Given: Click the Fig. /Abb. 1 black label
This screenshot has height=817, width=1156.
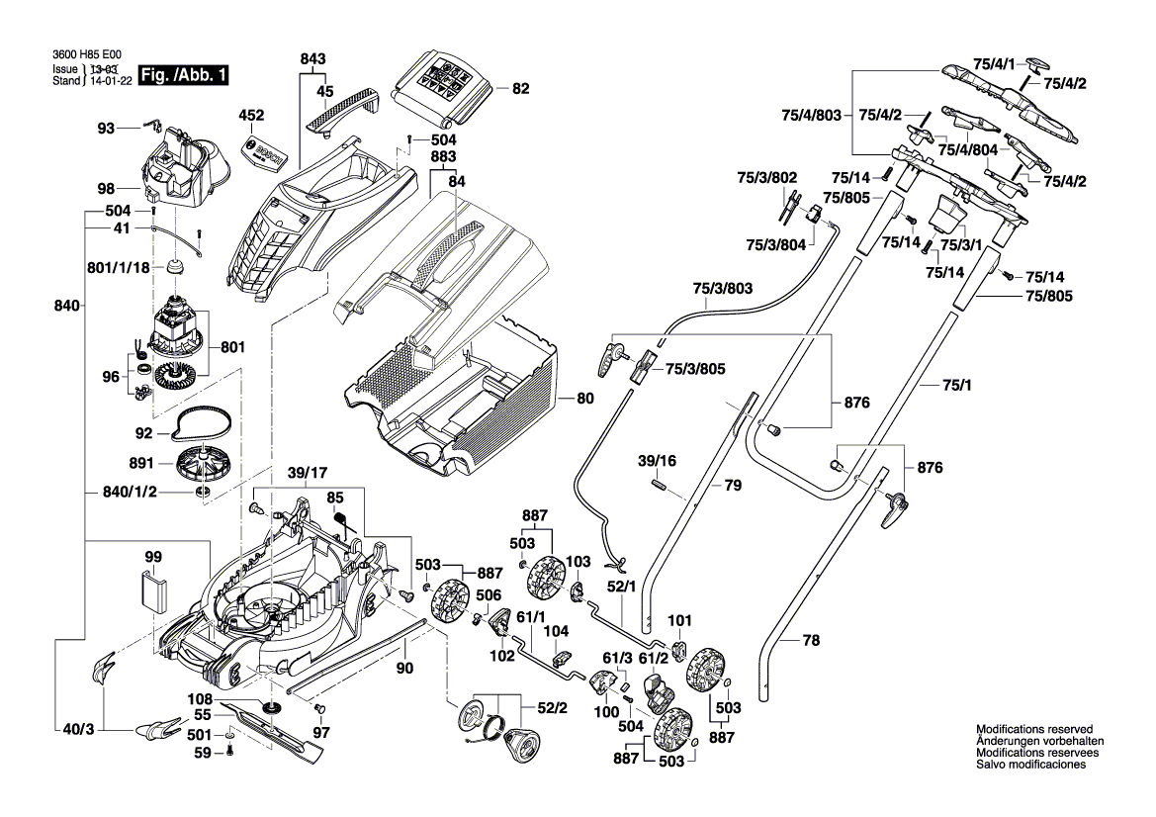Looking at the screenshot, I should tap(185, 75).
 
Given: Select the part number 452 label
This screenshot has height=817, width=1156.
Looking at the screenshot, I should tap(252, 115).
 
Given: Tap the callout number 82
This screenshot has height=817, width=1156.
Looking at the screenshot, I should tap(520, 89).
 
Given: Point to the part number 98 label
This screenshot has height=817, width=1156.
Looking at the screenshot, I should tap(106, 189).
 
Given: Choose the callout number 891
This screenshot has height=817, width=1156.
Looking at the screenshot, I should tap(142, 462).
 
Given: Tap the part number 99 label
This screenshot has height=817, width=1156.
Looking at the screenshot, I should tap(152, 558).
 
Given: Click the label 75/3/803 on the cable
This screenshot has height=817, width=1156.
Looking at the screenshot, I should tap(722, 289).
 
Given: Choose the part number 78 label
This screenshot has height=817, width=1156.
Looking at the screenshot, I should tap(811, 641).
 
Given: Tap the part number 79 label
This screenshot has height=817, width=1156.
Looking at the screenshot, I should tap(733, 486).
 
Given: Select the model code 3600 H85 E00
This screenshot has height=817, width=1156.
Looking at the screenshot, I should tap(85, 57).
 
